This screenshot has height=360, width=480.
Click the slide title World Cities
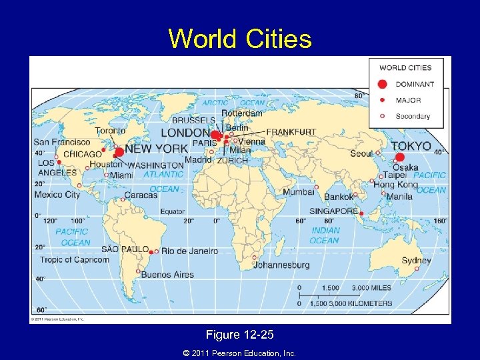[x=240, y=39]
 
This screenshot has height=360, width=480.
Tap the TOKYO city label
[x=411, y=146]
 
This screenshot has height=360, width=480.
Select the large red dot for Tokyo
[x=399, y=158]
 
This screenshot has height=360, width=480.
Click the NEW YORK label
[x=157, y=149]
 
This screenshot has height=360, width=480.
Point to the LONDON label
[x=185, y=133]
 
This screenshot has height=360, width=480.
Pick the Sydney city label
[x=416, y=261]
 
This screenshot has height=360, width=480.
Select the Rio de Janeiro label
[x=190, y=251]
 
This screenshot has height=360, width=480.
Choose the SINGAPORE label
[x=333, y=211]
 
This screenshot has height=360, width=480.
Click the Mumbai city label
[x=298, y=192]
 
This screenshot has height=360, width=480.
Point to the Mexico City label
[x=57, y=195]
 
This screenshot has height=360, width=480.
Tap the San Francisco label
[x=62, y=142]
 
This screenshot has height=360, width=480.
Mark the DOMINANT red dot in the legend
[x=382, y=84]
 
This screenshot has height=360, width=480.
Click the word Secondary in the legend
[x=413, y=116]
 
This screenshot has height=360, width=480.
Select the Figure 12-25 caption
[x=240, y=334]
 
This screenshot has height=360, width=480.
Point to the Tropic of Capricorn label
[x=74, y=260]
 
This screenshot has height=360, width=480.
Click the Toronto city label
[x=109, y=131]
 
